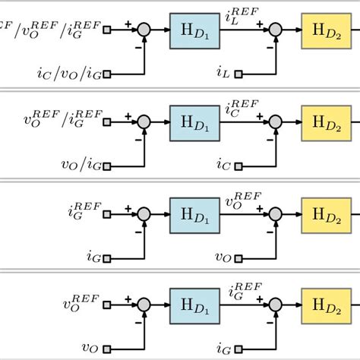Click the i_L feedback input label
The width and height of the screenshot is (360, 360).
[223, 74]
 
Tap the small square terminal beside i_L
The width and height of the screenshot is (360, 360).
[239, 74]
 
